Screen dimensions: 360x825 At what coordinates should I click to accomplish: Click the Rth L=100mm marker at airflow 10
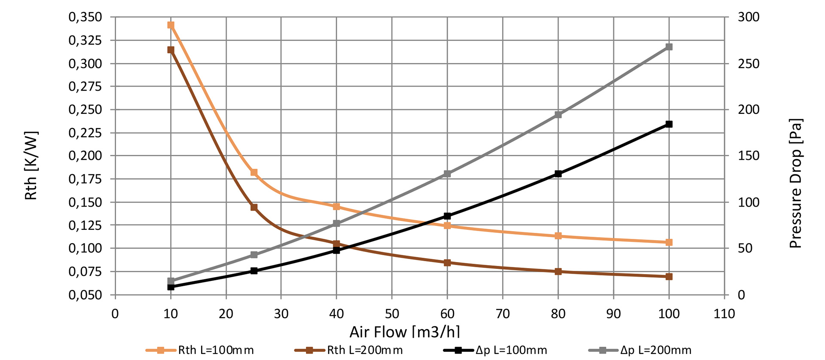point(171,25)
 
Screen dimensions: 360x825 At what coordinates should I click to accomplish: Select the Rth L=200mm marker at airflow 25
point(254,207)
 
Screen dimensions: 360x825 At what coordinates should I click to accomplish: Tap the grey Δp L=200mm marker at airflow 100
point(669,47)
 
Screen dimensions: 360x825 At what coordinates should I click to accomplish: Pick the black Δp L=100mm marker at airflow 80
point(558,174)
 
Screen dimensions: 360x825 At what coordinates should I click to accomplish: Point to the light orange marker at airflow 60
point(447,226)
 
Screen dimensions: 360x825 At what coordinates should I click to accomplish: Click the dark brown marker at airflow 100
point(669,277)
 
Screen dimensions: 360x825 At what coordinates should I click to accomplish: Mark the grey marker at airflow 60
point(447,174)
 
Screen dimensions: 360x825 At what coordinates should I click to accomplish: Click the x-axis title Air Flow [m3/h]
point(404,332)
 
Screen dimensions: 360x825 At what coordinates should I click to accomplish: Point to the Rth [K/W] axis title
point(31,165)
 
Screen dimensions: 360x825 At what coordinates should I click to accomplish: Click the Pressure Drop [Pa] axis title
point(795,183)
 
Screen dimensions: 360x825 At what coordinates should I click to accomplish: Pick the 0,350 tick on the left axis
point(86,17)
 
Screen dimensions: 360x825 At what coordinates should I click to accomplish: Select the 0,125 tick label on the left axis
point(86,225)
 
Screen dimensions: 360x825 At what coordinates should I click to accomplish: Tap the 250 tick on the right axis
point(749,64)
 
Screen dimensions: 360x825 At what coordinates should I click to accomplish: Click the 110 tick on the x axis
point(724,314)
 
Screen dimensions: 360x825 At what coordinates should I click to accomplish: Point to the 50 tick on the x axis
point(392,314)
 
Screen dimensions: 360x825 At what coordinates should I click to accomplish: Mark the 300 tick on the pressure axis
point(749,17)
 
